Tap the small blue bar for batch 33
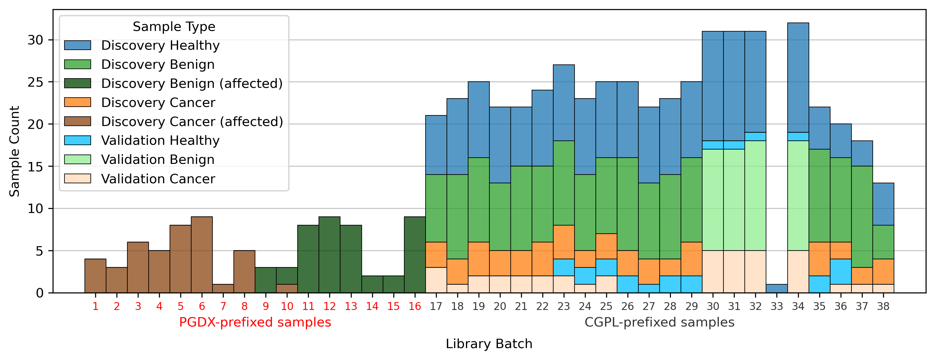click(777, 288)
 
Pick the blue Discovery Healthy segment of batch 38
click(883, 204)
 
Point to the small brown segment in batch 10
click(287, 288)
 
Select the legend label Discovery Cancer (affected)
click(192, 122)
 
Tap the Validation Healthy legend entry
click(160, 140)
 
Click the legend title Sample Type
click(174, 27)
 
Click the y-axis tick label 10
click(35, 209)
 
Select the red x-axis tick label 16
click(415, 307)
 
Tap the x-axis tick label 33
click(777, 307)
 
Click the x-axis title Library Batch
click(489, 344)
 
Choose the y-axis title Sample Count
click(14, 151)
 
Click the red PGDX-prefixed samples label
click(255, 322)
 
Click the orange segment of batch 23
click(564, 242)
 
